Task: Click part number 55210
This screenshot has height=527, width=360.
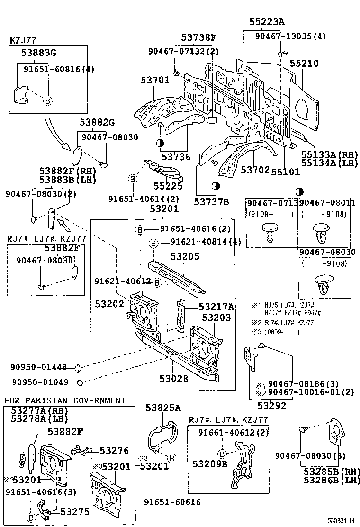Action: coord(304,64)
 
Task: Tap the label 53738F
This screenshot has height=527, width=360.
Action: coord(198,37)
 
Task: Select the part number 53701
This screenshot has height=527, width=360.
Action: coord(154,81)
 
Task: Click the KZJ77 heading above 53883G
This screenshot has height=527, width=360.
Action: coord(23,41)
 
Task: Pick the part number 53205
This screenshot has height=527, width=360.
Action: coord(185,256)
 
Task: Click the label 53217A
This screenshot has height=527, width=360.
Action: coord(216,307)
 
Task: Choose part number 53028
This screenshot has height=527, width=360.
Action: coord(174,379)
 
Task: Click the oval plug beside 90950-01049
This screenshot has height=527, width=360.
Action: coord(81,382)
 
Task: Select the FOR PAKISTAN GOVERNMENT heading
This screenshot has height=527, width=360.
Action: coord(65,400)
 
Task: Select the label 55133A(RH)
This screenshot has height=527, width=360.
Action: coord(330,155)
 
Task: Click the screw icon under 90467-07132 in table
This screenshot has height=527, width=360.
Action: coord(270,233)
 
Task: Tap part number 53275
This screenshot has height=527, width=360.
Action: coord(72,511)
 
